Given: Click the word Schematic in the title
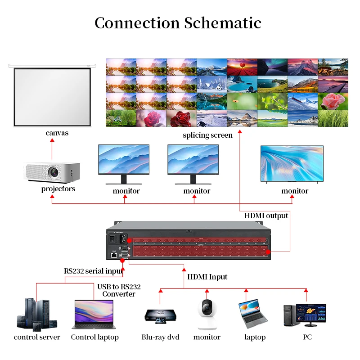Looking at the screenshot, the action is click(223, 23).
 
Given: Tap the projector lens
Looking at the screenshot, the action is click(54, 172).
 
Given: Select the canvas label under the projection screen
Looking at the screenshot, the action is click(57, 133).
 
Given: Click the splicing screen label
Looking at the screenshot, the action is click(207, 135).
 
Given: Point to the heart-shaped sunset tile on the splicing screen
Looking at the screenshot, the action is click(242, 67).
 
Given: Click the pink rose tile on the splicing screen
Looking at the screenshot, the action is click(333, 101).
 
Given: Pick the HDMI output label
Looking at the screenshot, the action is click(266, 216).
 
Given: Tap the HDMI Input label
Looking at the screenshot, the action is click(207, 277).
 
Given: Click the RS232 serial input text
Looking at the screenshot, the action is click(94, 271).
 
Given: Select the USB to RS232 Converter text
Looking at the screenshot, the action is click(119, 290).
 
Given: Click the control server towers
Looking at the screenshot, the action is click(37, 315).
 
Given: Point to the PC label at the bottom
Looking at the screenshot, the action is click(307, 337).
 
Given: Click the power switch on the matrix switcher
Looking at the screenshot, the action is click(112, 239).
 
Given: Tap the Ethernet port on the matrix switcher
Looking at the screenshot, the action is click(114, 255).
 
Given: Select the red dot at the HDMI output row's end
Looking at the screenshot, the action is click(268, 252).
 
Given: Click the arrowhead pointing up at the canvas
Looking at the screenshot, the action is click(52, 140).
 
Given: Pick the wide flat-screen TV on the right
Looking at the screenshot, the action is click(292, 164).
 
